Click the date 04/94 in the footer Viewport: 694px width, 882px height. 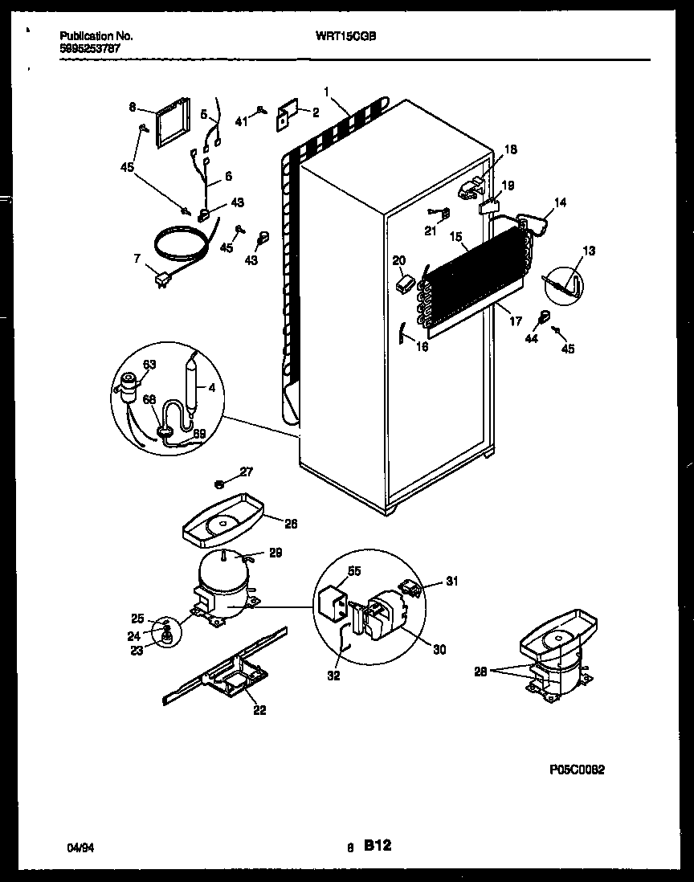coord(77,847)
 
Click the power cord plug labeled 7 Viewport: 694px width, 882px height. coord(163,279)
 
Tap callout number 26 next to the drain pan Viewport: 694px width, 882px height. coord(290,523)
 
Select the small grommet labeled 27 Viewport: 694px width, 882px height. coord(219,484)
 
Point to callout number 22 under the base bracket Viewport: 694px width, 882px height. coord(259,708)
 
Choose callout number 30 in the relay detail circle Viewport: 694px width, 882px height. coord(438,649)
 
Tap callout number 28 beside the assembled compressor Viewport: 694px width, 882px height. coord(480,672)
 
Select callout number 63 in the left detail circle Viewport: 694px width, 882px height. coord(149,365)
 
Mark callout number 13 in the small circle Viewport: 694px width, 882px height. coord(589,251)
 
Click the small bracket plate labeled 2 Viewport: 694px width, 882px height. coord(285,116)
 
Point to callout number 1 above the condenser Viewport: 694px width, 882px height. coord(326,90)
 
